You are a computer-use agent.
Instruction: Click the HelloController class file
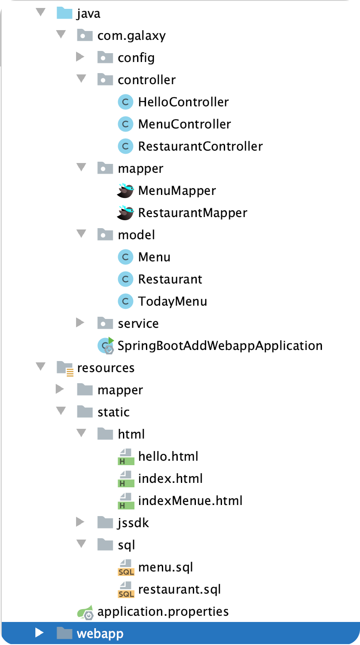[183, 102]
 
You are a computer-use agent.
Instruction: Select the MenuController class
[184, 124]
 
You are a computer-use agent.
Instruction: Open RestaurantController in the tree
[200, 146]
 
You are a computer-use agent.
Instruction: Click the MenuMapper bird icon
[125, 190]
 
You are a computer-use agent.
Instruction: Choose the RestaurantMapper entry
[192, 213]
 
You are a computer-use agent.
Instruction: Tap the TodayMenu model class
[172, 301]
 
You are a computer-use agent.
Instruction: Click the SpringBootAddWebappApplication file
[220, 346]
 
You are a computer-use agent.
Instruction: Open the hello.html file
[168, 456]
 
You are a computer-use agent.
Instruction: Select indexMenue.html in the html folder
[190, 501]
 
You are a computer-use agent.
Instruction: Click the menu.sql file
[165, 567]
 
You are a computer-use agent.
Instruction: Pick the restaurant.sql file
[179, 589]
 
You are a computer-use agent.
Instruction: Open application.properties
[163, 611]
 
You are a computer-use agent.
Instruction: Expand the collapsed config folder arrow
[80, 57]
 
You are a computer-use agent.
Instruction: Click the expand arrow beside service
[80, 323]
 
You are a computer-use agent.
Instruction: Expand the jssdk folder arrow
[80, 522]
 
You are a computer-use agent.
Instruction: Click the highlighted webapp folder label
[100, 633]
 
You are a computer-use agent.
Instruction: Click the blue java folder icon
[64, 13]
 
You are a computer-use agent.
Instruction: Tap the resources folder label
[106, 368]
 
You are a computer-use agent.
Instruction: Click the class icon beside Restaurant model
[125, 279]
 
